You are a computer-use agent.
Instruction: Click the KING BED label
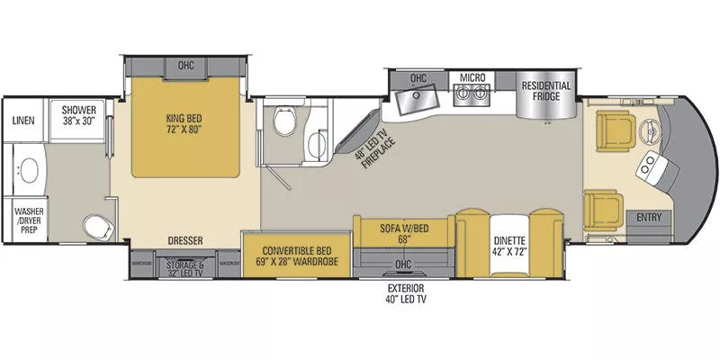click(x=186, y=122)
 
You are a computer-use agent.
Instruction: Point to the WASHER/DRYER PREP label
click(x=28, y=218)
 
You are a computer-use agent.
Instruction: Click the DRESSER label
click(x=185, y=240)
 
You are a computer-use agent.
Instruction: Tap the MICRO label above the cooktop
click(x=472, y=78)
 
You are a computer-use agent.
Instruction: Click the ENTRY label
click(x=648, y=217)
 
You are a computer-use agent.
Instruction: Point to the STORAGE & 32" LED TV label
click(x=186, y=266)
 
